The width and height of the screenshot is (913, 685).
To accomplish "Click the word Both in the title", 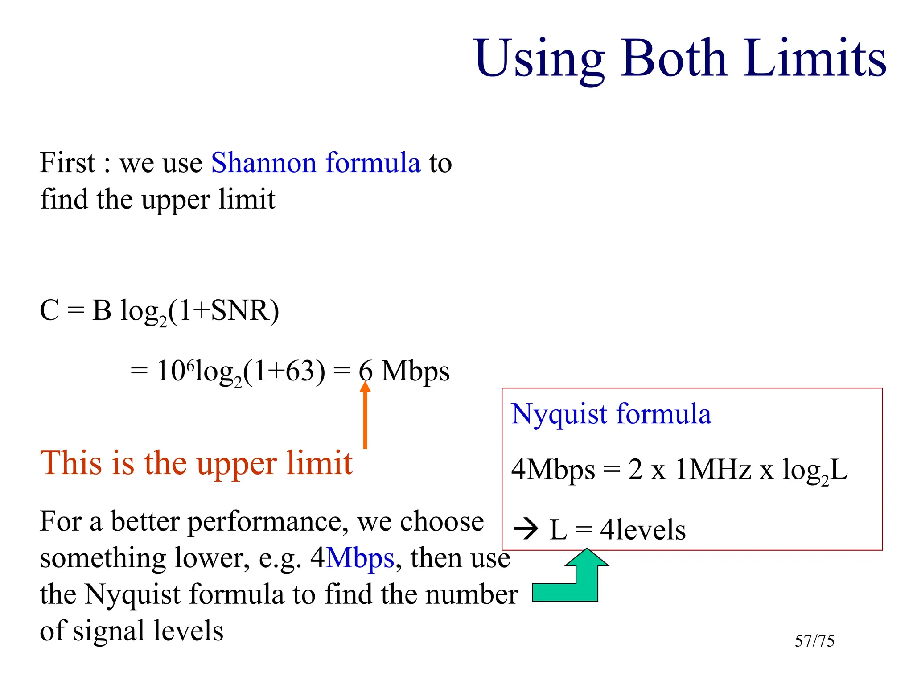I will pos(674,58).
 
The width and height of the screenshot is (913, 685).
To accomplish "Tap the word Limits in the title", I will pos(814,58).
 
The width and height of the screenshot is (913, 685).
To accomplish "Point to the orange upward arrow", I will pos(365,415).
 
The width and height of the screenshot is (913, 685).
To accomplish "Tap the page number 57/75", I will pos(814,641).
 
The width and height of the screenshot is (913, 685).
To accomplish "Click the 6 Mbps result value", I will pos(404,371).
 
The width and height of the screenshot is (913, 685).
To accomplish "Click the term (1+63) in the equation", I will pos(284,371).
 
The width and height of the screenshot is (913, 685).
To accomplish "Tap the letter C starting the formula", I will pos(49,311).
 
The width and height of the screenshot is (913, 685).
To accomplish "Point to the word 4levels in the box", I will pos(642,530).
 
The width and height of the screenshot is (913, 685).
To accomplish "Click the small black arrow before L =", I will pos(526,530).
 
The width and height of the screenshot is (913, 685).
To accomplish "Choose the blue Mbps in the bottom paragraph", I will pos(360,558).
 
